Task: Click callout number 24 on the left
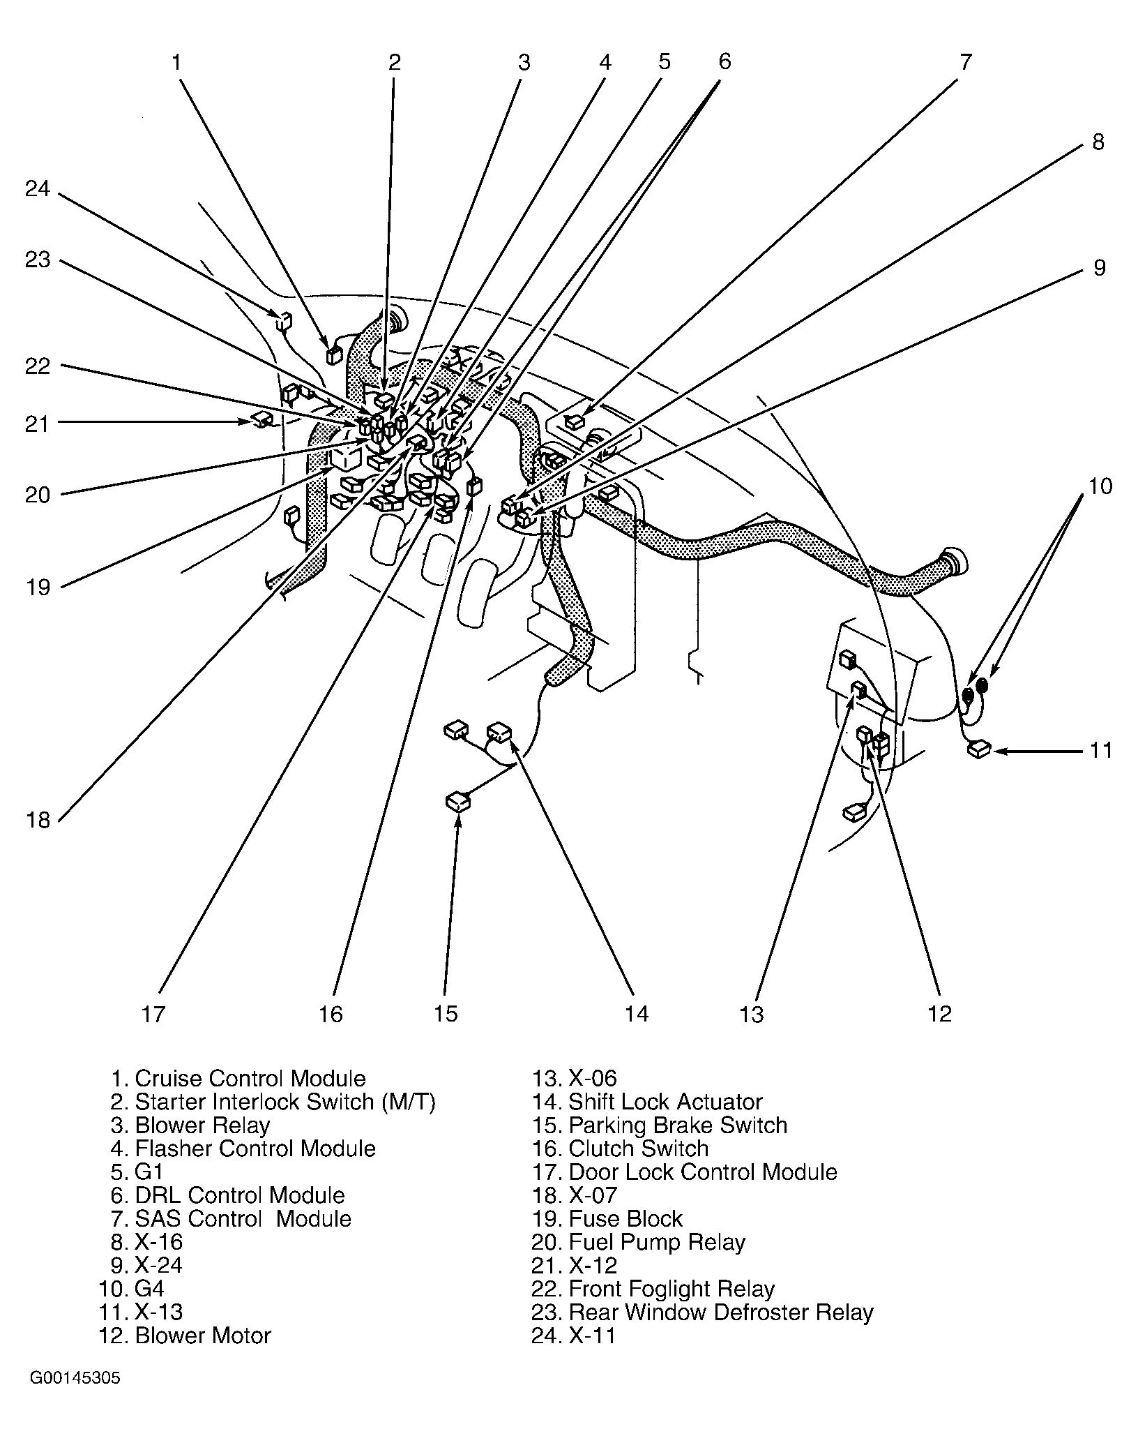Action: click(38, 189)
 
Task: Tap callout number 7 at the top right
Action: click(965, 62)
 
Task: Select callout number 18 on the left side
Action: click(39, 820)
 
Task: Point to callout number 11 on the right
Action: click(1101, 751)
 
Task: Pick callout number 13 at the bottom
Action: click(752, 1014)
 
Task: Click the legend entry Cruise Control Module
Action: click(238, 1079)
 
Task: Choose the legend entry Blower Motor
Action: click(185, 1336)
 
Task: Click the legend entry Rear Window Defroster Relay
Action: click(702, 1312)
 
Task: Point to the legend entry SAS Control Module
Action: click(231, 1218)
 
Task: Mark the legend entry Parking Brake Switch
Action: click(660, 1125)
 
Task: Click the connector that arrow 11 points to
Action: click(979, 750)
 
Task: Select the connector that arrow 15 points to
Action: click(457, 802)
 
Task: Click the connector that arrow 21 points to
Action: click(263, 419)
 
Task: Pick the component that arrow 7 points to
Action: click(574, 421)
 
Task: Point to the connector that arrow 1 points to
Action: click(333, 355)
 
